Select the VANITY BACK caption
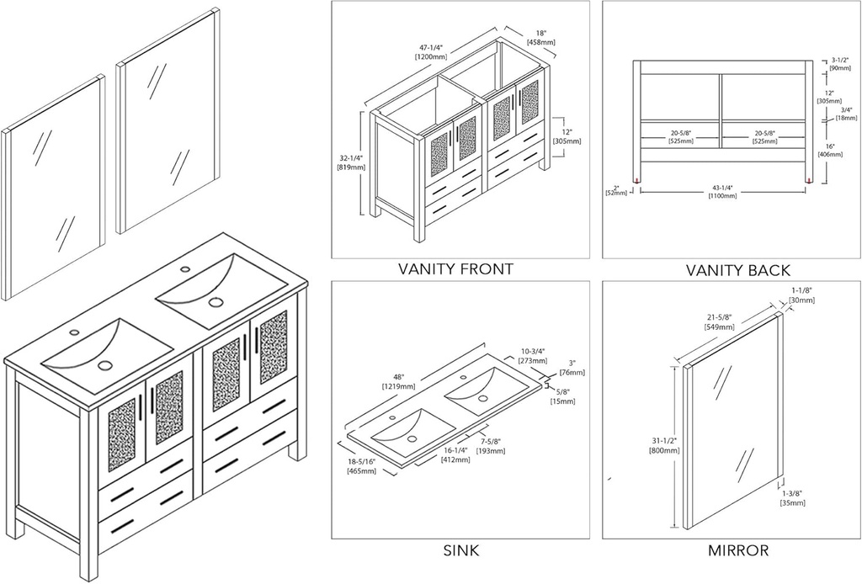(x=737, y=270)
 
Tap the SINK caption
(x=460, y=552)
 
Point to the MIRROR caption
(x=737, y=552)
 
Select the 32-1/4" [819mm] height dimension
(x=350, y=162)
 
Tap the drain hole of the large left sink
(x=105, y=364)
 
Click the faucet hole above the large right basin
(x=184, y=268)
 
